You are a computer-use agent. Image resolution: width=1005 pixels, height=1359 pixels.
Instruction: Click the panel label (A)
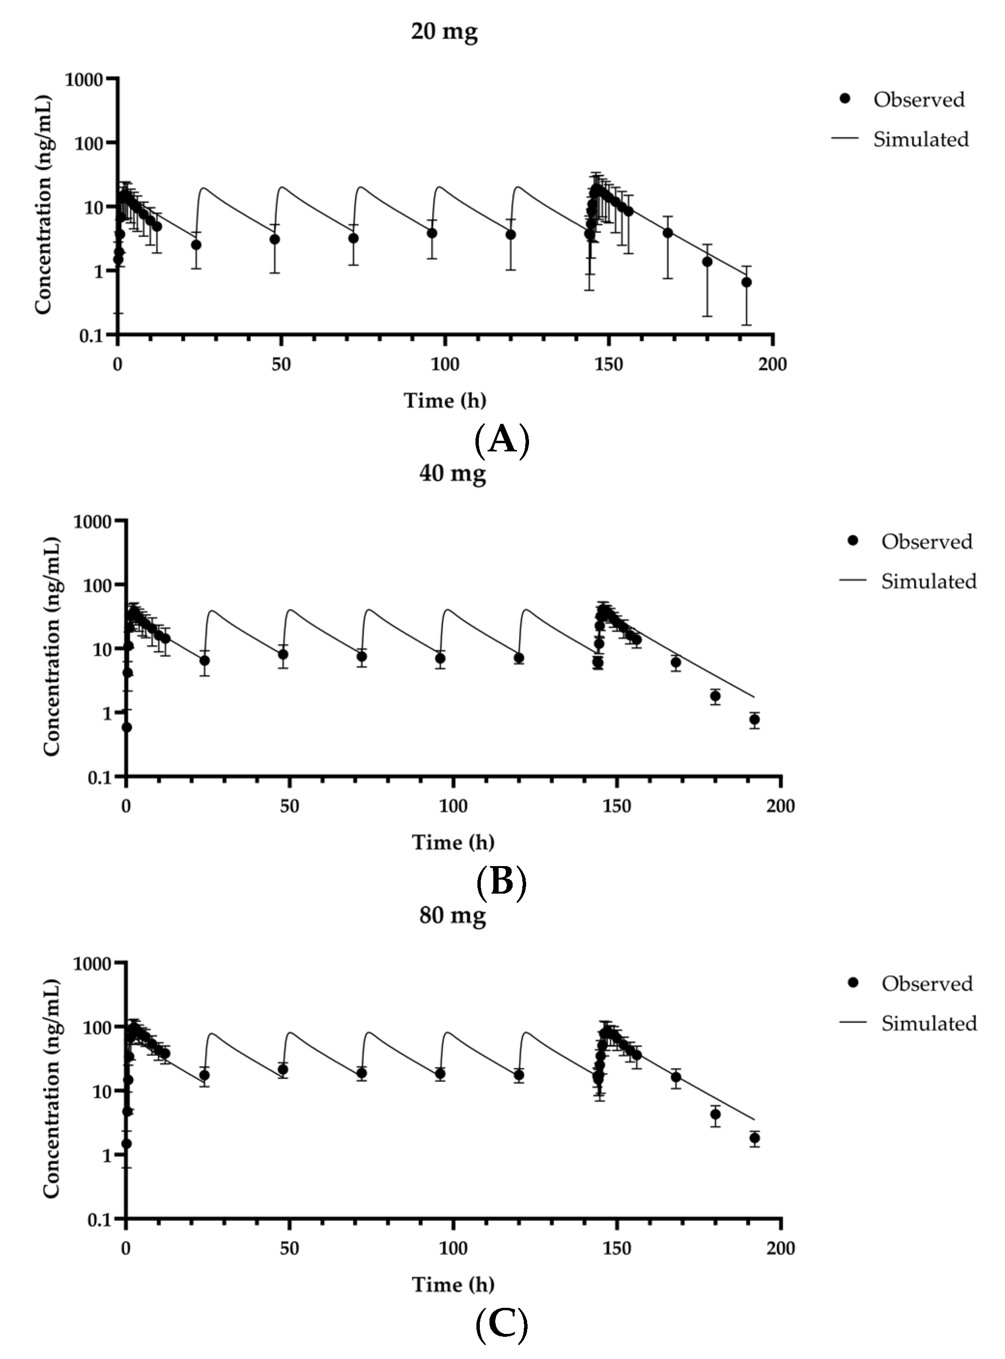point(502,440)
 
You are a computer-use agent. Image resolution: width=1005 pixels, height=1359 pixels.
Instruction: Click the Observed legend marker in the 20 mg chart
point(844,99)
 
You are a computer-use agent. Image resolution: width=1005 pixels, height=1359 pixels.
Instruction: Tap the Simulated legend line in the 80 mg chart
point(852,1023)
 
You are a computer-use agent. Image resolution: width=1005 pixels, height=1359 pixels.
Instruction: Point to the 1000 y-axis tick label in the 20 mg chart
point(84,80)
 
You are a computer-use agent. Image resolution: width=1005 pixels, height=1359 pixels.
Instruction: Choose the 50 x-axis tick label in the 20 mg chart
point(281,364)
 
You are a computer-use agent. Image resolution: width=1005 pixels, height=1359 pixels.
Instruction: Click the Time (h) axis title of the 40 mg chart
point(453,842)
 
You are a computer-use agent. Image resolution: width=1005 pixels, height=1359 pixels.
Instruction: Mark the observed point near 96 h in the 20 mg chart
point(432,233)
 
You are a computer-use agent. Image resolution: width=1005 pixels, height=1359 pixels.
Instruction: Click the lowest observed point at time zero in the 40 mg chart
point(126,727)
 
